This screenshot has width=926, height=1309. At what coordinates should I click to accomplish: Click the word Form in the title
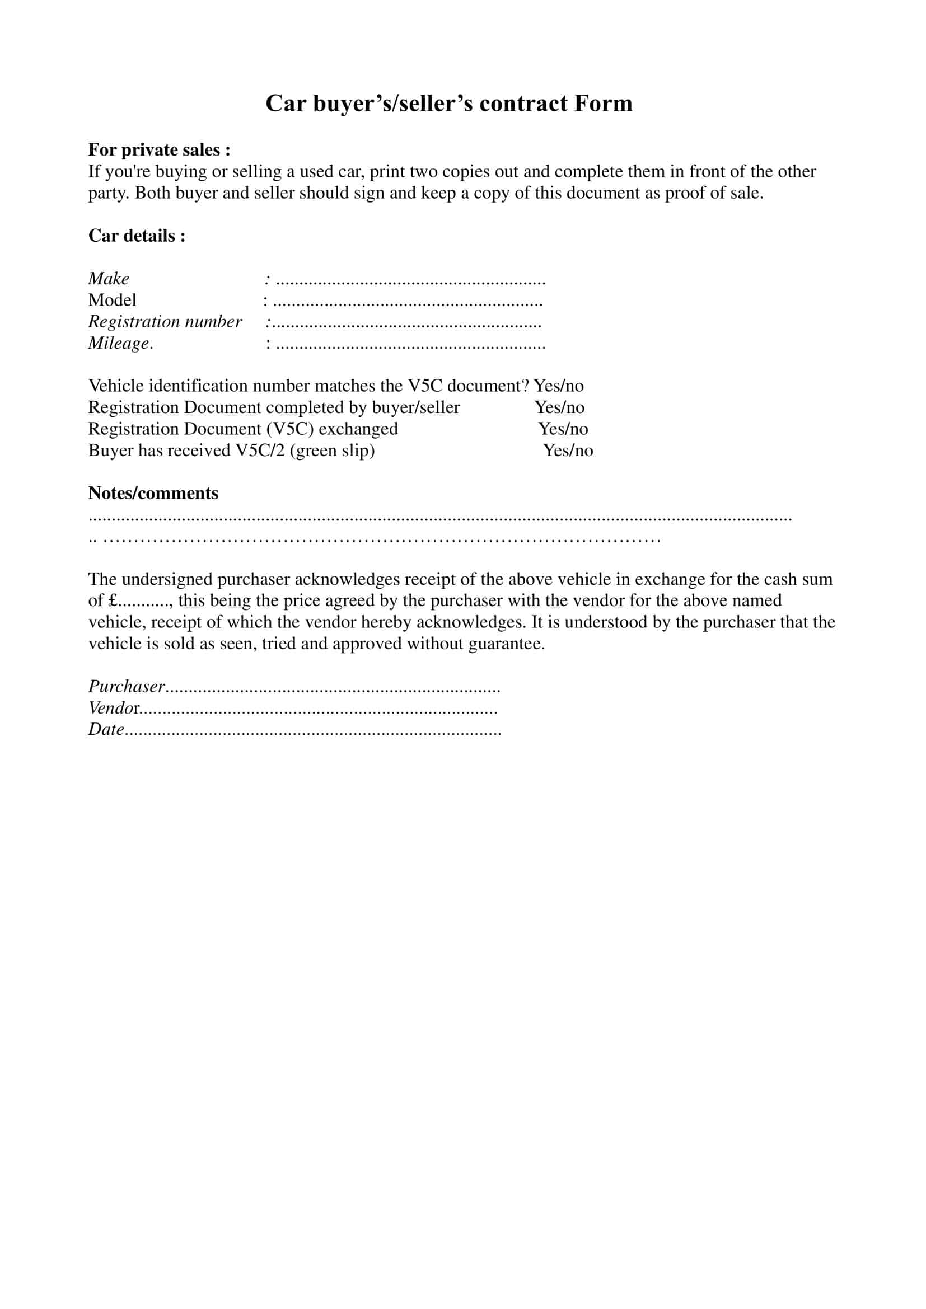(604, 103)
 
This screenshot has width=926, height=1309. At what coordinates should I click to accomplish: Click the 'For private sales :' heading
(159, 150)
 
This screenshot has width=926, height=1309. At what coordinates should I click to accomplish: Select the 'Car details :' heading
(137, 236)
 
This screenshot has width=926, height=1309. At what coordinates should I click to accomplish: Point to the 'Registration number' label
(165, 322)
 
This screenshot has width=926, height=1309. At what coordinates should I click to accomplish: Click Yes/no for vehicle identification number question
(558, 386)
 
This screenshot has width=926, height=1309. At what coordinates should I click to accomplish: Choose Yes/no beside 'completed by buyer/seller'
(559, 407)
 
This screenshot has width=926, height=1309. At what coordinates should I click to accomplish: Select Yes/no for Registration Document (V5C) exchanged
(563, 429)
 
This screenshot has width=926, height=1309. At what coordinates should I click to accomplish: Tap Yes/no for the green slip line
(567, 451)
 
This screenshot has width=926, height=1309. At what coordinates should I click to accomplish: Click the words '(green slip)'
(332, 451)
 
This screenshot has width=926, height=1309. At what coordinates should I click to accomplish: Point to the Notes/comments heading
(153, 493)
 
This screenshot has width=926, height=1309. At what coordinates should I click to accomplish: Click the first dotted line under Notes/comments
(440, 519)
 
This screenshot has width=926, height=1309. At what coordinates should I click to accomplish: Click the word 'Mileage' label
(119, 343)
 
